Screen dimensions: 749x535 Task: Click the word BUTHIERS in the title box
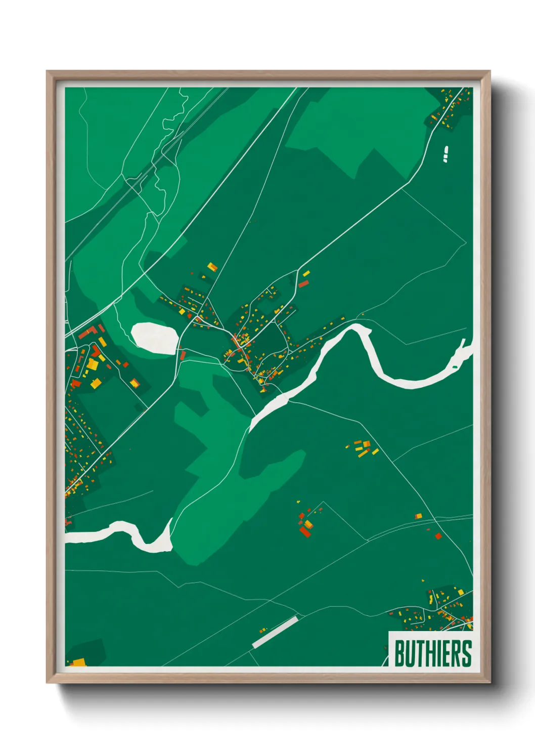(x=433, y=653)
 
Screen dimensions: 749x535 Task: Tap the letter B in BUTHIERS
(x=399, y=653)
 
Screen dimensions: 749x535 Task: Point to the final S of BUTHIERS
(x=467, y=653)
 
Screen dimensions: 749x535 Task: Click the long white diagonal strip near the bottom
(x=275, y=632)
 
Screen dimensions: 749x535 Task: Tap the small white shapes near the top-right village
(x=445, y=154)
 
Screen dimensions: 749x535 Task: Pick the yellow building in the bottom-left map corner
(x=78, y=662)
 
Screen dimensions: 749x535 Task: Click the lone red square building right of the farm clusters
(x=438, y=536)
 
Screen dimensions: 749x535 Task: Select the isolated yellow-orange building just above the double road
(x=418, y=516)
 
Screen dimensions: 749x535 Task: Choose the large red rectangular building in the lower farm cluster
(x=305, y=531)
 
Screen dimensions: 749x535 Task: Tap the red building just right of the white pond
(x=183, y=356)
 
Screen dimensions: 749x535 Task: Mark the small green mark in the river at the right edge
(x=455, y=366)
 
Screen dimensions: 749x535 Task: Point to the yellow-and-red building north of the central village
(x=212, y=266)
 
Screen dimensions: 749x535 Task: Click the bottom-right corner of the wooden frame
(x=489, y=682)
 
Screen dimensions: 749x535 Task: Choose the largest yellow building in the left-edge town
(x=93, y=364)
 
